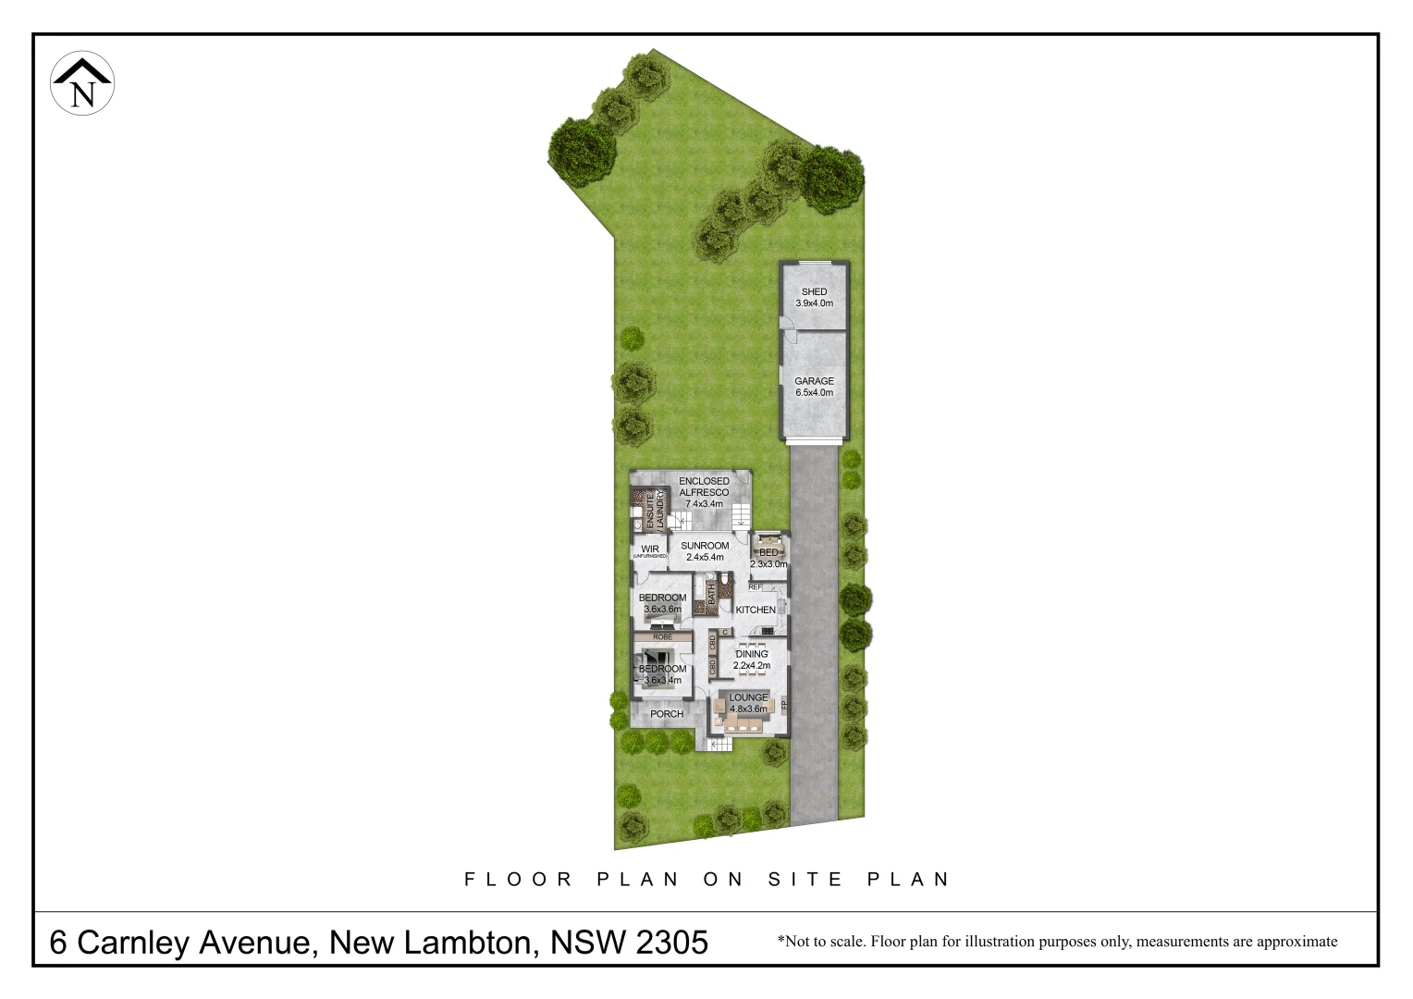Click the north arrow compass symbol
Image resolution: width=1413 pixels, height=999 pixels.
[x=82, y=83]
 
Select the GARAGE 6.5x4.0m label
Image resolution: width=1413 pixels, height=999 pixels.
[x=814, y=387]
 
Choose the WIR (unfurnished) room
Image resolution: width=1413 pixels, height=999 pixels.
[x=649, y=551]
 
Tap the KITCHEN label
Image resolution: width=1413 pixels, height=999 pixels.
[x=756, y=610]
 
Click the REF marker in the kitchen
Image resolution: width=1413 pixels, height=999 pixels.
[x=755, y=586]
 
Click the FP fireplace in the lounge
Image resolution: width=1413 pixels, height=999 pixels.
[x=784, y=705]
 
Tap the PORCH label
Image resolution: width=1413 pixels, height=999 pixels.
[x=667, y=714]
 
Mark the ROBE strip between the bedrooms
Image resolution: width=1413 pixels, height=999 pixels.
[x=662, y=637]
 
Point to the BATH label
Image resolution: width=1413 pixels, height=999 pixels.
[x=712, y=593]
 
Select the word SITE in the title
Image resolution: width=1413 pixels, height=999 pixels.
[x=806, y=879]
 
